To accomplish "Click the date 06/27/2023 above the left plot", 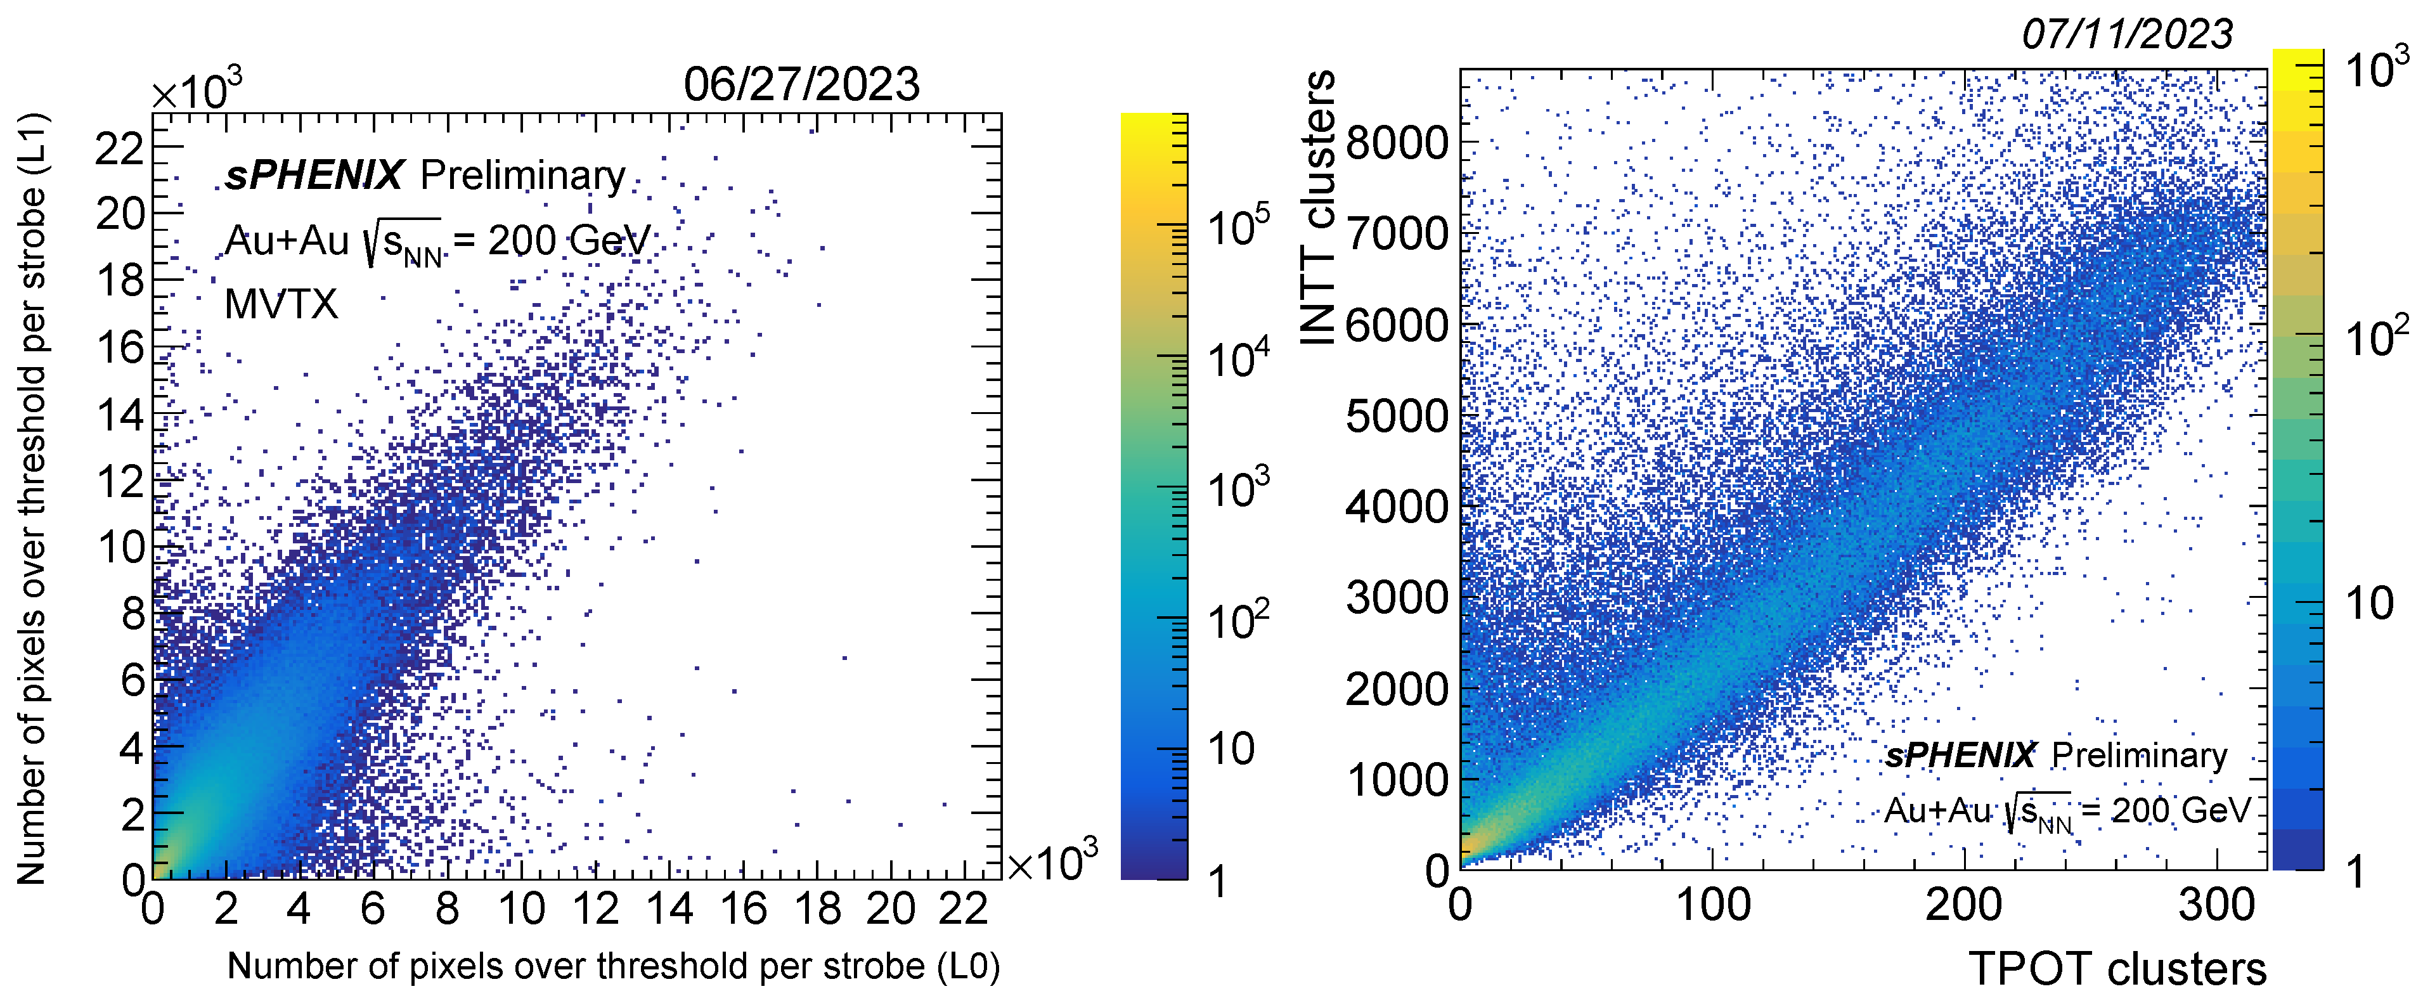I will pos(801,85).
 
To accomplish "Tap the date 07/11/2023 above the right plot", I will pos(2127,35).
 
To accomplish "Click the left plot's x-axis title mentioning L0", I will pos(613,966).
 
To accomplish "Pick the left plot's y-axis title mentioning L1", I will pos(31,499).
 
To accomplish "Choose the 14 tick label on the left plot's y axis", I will pos(121,415).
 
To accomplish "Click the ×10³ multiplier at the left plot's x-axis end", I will pos(1052,861).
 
